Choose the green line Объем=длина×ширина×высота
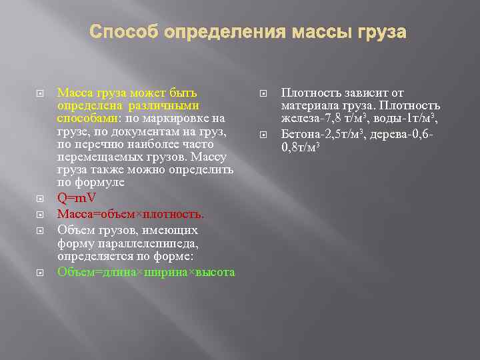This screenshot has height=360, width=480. click(146, 272)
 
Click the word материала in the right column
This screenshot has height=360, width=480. click(308, 106)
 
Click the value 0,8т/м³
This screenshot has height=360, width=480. click(301, 146)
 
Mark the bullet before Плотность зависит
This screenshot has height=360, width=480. click(262, 93)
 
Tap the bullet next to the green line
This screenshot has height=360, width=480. click(39, 272)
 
